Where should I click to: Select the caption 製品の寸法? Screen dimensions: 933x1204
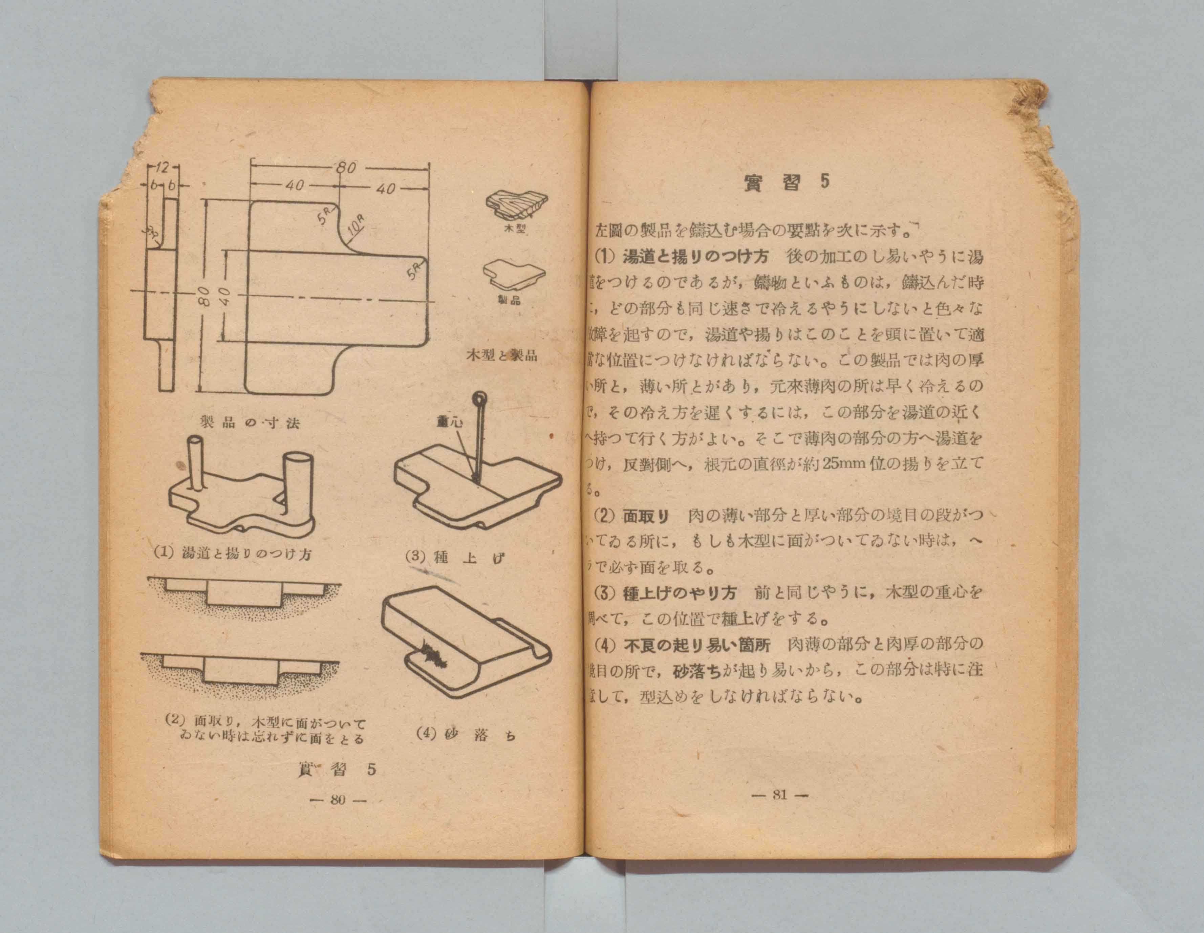[x=250, y=423]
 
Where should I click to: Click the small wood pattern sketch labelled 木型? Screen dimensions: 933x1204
[x=515, y=204]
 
